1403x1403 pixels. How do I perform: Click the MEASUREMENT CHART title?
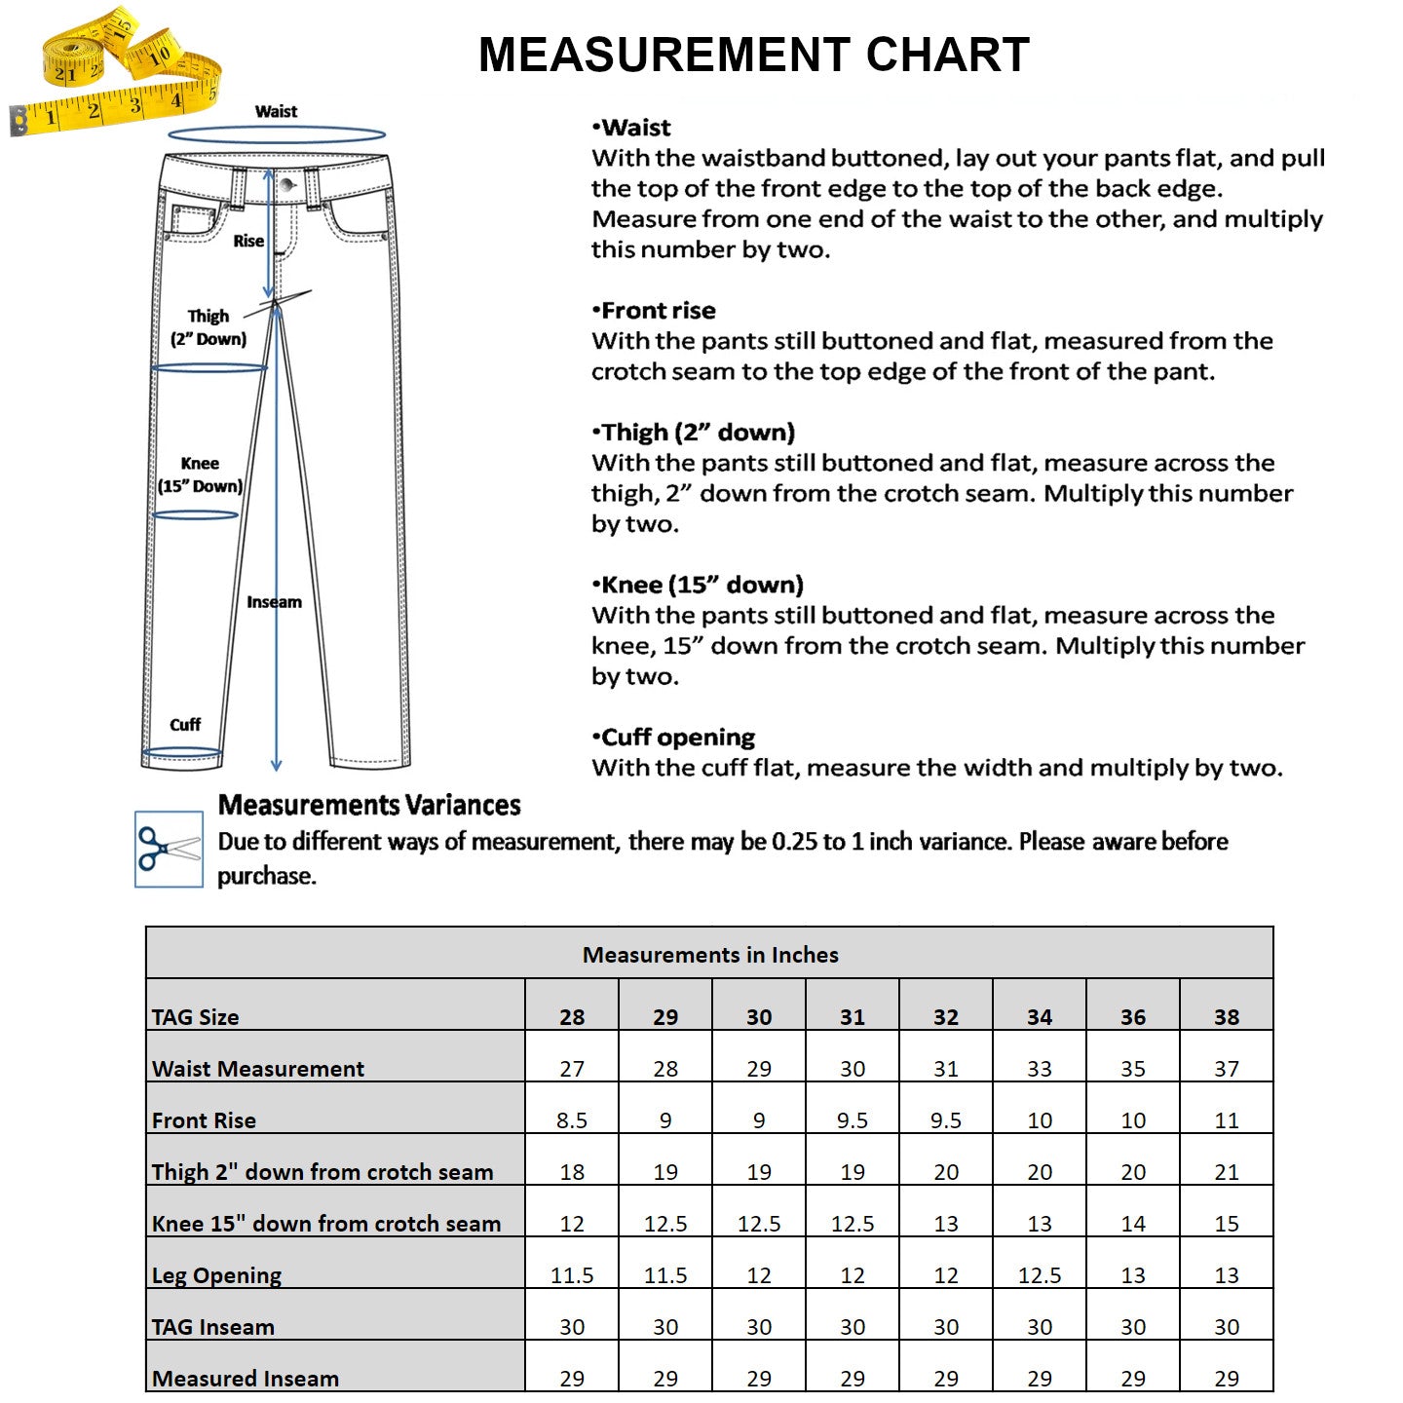pos(753,55)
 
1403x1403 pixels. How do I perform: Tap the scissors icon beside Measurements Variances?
pos(169,849)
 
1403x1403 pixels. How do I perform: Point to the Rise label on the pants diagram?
pos(248,241)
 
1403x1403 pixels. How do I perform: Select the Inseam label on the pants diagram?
pos(274,602)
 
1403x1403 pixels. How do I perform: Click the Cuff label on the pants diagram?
pos(185,725)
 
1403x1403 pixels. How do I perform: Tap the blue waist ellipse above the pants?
pos(277,134)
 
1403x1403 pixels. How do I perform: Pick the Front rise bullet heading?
pos(654,311)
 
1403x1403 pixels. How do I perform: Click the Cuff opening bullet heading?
pos(673,738)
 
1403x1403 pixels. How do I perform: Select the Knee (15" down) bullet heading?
pos(698,585)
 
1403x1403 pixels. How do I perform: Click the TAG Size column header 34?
pos(1039,1017)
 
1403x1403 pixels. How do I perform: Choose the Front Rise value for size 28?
pos(572,1120)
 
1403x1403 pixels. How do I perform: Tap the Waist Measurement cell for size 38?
pos(1226,1069)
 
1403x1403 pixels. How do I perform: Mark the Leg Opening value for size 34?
pos(1039,1275)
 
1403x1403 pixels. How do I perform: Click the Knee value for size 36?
pos(1132,1224)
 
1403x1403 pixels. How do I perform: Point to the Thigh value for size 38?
pos(1226,1172)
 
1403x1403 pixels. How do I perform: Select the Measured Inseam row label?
pos(246,1379)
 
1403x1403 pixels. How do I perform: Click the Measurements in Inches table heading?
pos(710,955)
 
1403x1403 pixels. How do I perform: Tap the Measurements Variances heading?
pos(369,805)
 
